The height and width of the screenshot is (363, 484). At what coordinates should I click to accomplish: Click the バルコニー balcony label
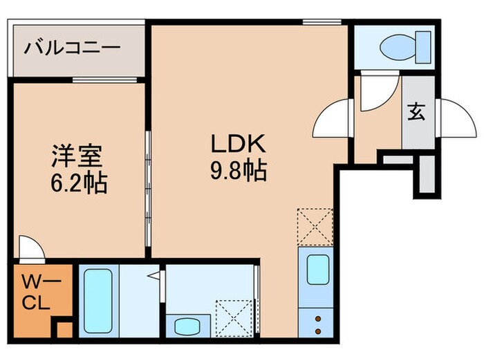pos(73,48)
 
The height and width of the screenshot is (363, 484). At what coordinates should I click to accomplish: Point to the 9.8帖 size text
pos(239,169)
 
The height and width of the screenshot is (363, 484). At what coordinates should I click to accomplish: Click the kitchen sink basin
pos(317,270)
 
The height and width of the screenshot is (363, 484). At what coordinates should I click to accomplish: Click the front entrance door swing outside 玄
pos(457,117)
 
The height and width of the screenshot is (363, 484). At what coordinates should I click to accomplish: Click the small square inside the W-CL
pos(64,329)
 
